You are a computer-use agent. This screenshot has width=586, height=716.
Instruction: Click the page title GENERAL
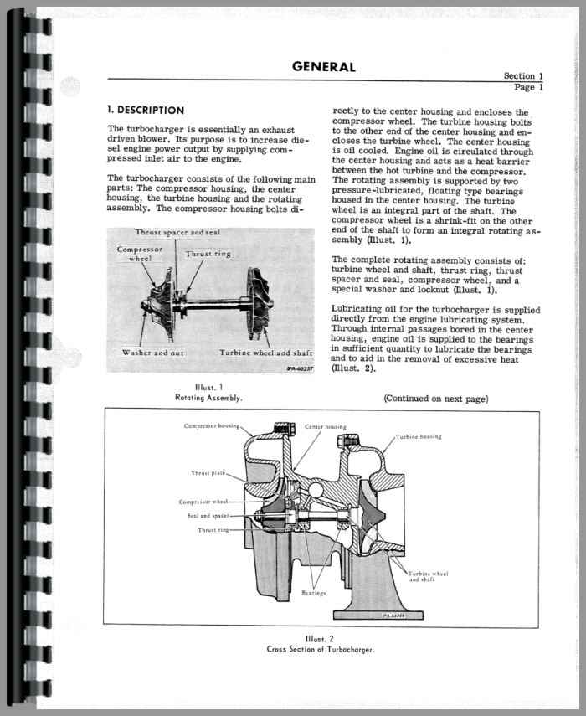[x=324, y=67]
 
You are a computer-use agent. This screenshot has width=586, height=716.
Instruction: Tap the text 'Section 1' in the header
[x=523, y=76]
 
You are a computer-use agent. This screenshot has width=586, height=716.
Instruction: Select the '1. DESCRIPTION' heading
[x=146, y=111]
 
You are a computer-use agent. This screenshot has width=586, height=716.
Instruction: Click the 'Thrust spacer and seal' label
[x=177, y=232]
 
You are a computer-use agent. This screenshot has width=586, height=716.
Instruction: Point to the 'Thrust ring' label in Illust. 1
[x=208, y=254]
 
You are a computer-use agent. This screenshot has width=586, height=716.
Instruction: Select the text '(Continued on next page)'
[x=435, y=399]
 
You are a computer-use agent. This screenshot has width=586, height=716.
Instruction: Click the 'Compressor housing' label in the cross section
[x=213, y=427]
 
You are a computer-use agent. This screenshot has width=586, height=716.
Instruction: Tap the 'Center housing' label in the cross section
[x=320, y=427]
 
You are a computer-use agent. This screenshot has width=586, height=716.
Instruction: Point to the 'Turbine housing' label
[x=419, y=437]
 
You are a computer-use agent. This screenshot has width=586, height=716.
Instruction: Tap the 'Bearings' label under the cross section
[x=313, y=593]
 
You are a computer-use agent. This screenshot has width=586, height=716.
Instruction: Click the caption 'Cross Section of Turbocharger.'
[x=321, y=649]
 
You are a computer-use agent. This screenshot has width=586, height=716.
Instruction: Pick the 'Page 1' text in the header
[x=529, y=87]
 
